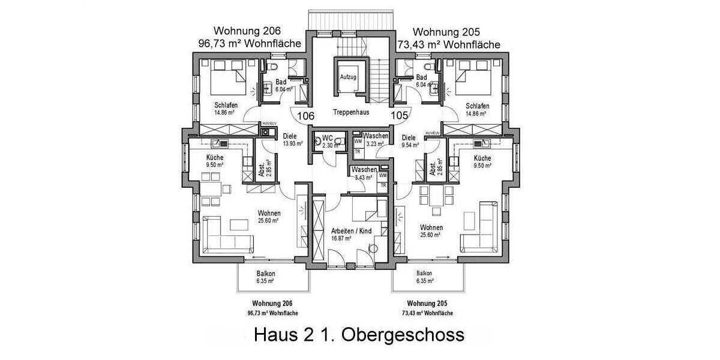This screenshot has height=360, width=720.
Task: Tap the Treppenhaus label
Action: click(x=351, y=112)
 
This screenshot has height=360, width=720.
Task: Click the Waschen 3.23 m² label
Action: click(x=375, y=140)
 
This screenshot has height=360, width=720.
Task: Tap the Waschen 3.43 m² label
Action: click(x=364, y=173)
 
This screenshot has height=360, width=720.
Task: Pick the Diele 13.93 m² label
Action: click(x=292, y=140)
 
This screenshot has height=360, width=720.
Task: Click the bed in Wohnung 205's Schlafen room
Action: click(x=474, y=79)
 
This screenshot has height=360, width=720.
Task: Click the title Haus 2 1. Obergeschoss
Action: click(x=359, y=334)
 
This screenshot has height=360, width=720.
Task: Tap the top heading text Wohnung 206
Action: click(x=247, y=31)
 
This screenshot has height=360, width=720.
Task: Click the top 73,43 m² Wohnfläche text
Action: click(x=449, y=44)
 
